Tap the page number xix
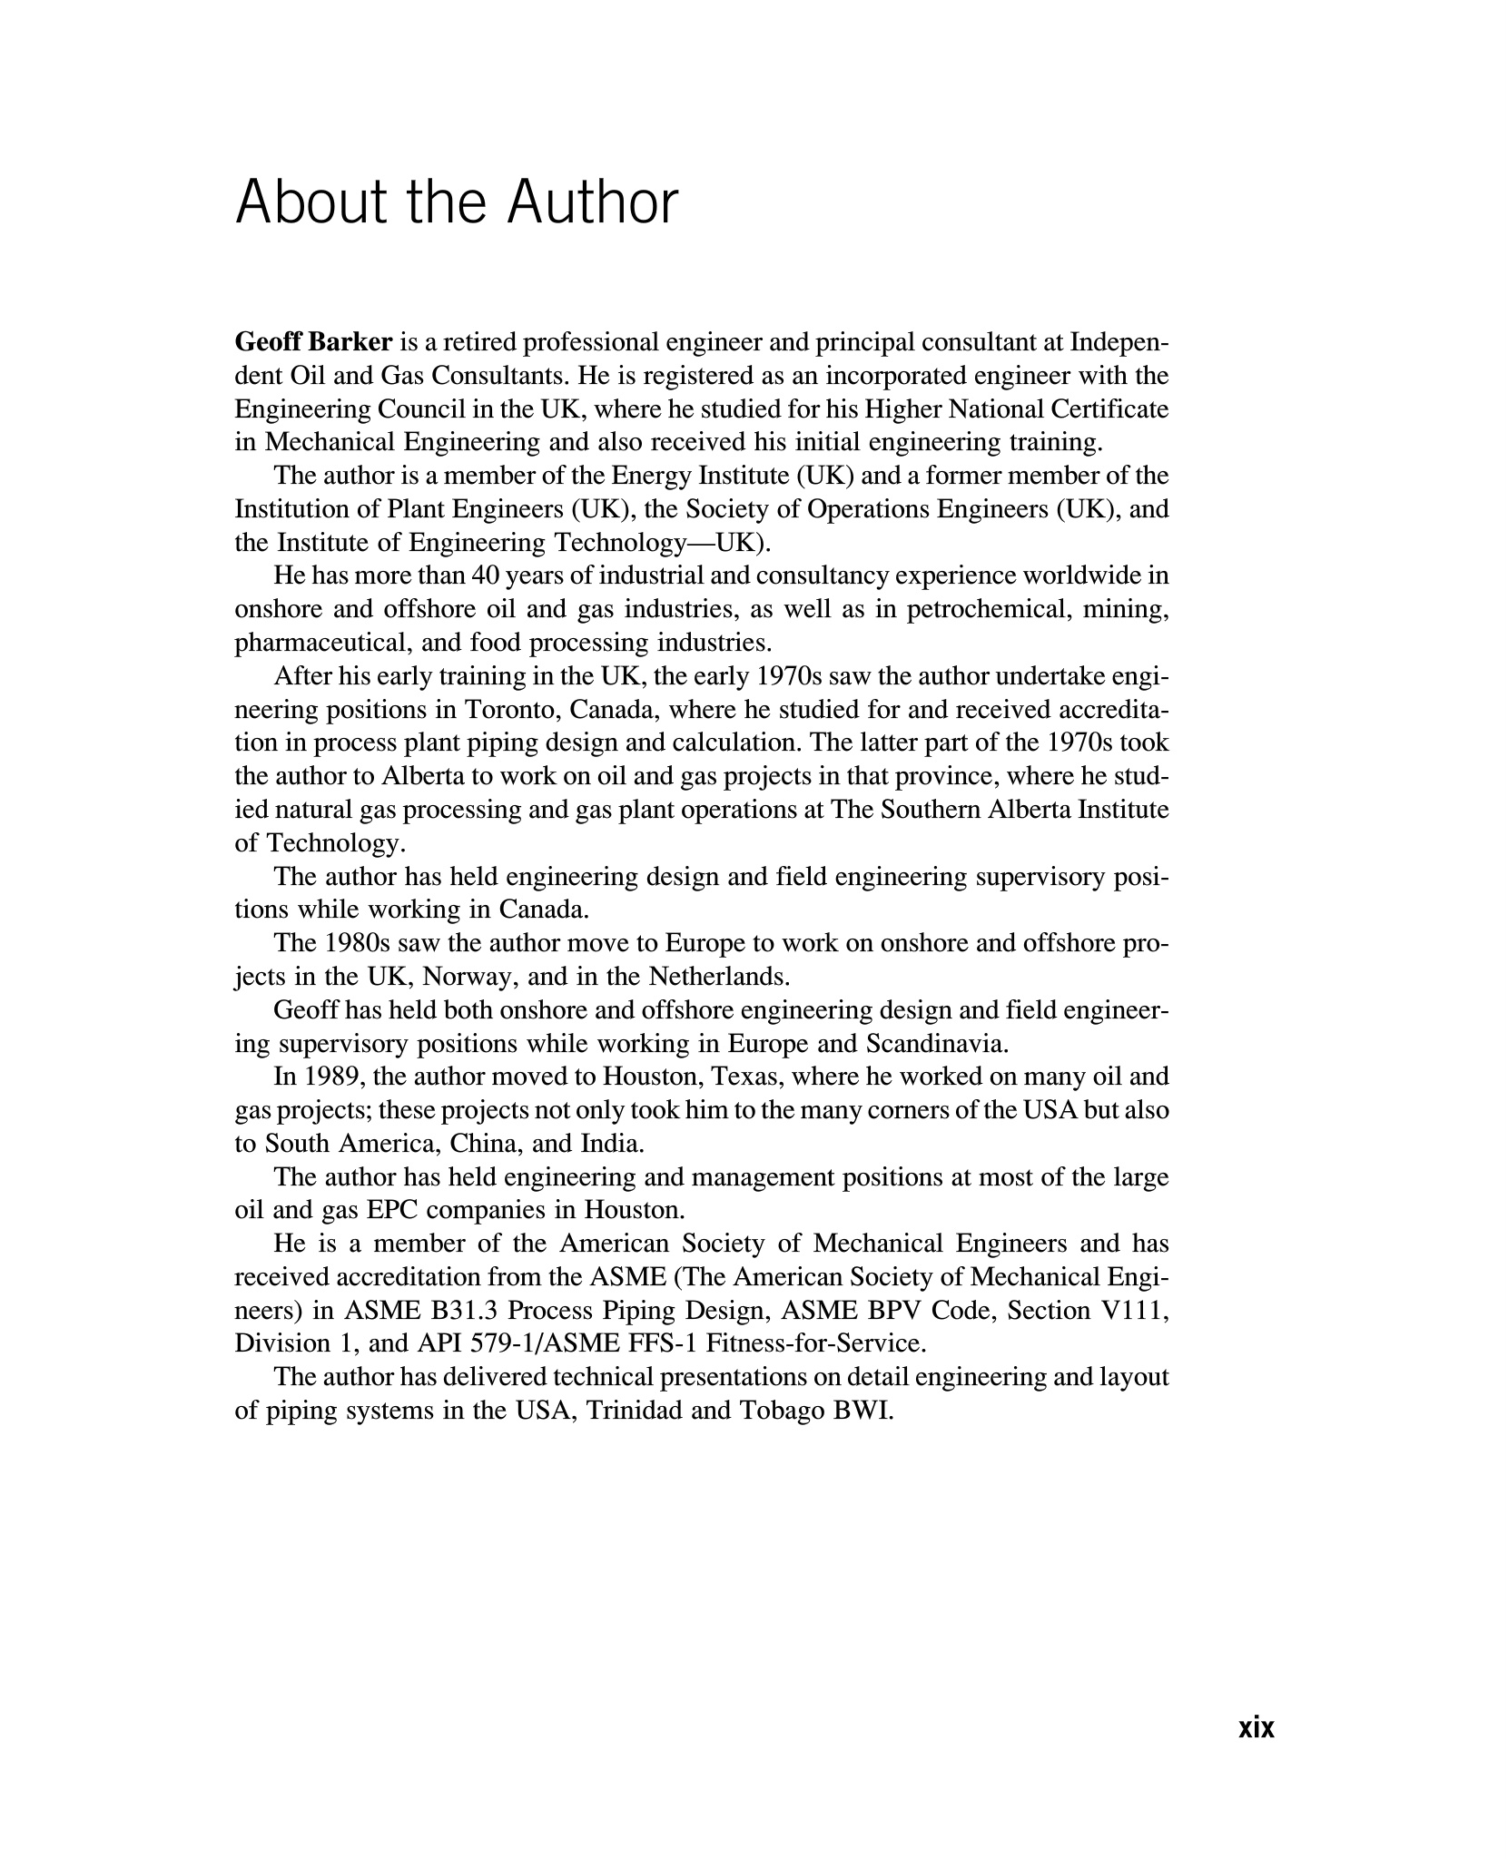(x=1257, y=1727)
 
